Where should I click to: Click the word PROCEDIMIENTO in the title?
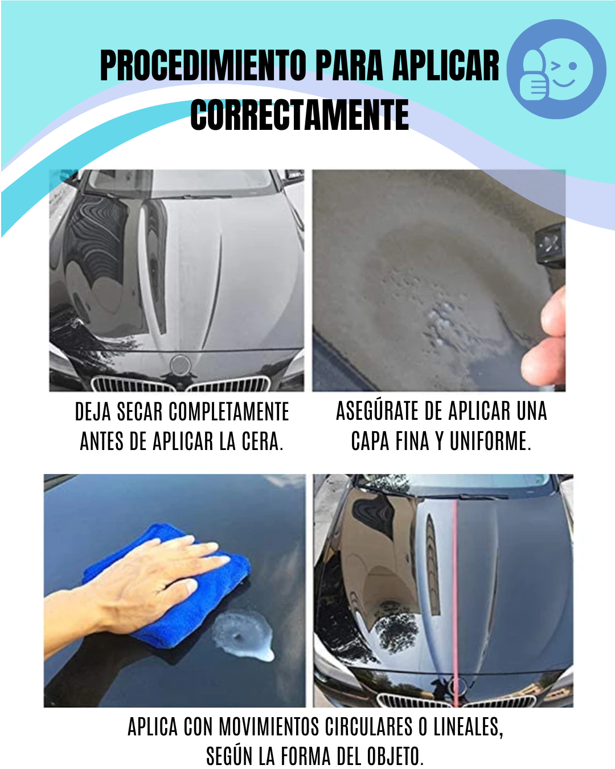click(x=203, y=66)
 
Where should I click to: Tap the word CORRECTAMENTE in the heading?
click(x=300, y=114)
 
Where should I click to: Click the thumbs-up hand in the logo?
click(x=534, y=76)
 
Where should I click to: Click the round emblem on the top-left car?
click(x=181, y=365)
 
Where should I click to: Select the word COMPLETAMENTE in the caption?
click(x=229, y=412)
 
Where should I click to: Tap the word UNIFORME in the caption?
click(x=490, y=441)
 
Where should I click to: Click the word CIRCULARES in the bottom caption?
click(x=368, y=726)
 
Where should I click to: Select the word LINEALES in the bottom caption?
click(x=469, y=727)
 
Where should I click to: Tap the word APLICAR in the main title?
click(x=446, y=66)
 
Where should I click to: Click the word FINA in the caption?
click(x=412, y=441)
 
